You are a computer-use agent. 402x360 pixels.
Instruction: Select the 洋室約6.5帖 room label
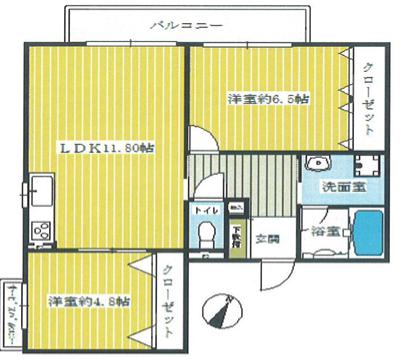(268, 99)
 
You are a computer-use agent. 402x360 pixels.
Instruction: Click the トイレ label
(204, 211)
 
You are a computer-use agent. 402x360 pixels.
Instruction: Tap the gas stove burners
(41, 231)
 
